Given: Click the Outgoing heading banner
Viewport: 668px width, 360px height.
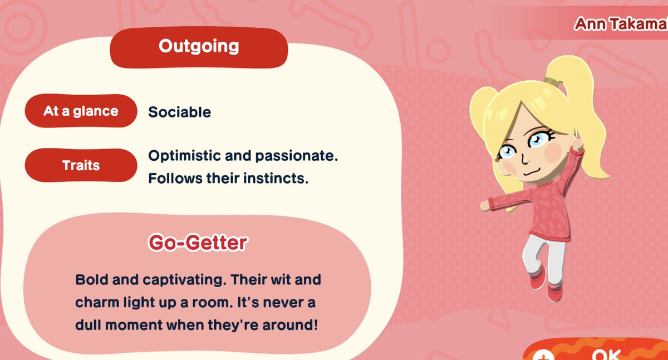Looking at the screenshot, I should (x=199, y=47).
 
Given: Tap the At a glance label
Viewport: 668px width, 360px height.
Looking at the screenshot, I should (x=81, y=111).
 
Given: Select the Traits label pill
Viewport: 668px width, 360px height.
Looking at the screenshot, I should (x=81, y=165).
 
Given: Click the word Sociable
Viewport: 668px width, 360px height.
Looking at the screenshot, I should (x=179, y=112).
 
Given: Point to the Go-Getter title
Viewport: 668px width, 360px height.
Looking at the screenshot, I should (x=198, y=243).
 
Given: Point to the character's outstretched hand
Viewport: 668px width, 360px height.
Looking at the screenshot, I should (x=485, y=205).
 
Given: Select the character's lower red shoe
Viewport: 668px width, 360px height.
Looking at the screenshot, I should (x=554, y=292).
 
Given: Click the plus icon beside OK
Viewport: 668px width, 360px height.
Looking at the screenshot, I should (x=542, y=356).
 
